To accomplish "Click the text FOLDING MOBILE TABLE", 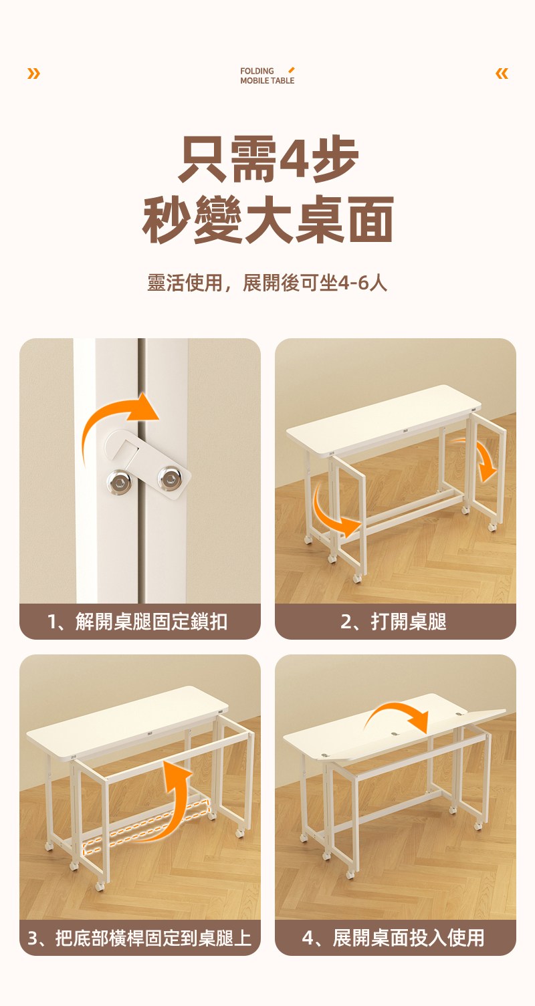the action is (267, 76).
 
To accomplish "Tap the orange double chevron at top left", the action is (33, 73).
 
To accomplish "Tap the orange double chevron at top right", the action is (502, 73).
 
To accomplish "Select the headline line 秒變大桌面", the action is (267, 219).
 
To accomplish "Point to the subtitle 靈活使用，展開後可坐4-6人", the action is (267, 283).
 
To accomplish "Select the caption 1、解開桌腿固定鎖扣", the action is (138, 622).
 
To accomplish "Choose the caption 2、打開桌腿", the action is (393, 622).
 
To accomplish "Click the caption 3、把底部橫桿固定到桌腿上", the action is (139, 938).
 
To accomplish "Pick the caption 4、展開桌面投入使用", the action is (393, 938).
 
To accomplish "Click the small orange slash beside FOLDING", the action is (292, 70).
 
